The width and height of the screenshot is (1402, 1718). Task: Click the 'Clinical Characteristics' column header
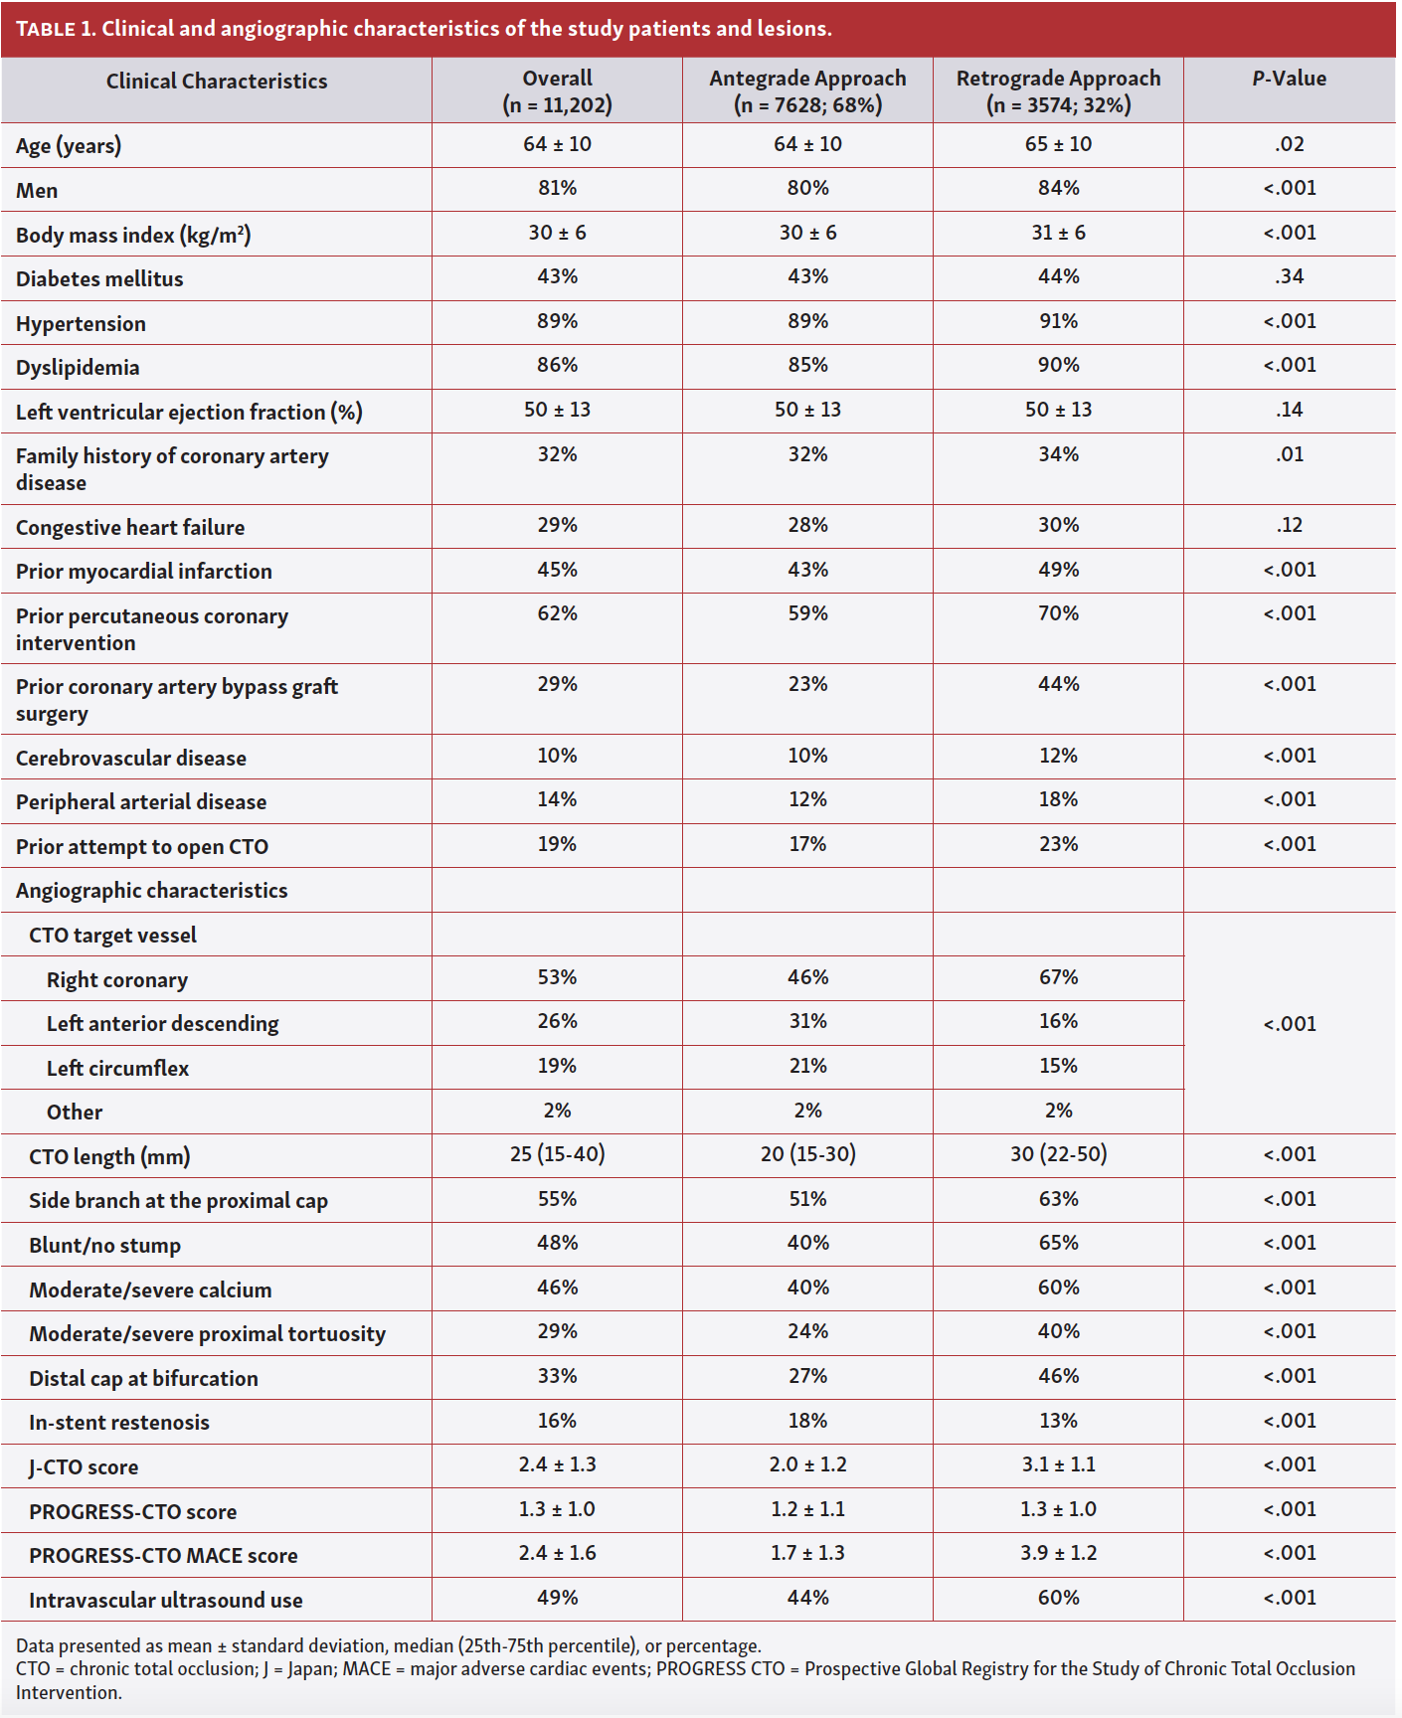[216, 82]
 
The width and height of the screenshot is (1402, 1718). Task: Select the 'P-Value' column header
[1289, 79]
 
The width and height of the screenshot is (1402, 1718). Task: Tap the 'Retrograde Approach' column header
[1058, 79]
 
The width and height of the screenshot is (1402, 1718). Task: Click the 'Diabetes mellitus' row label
[99, 279]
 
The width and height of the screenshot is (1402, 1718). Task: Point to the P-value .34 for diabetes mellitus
[1289, 277]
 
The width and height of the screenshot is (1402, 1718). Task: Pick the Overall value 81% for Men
[557, 189]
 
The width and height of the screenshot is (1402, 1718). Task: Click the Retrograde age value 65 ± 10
[1058, 144]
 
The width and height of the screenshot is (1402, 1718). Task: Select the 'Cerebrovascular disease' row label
[131, 759]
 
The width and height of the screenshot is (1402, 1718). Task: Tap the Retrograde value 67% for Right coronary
[1058, 977]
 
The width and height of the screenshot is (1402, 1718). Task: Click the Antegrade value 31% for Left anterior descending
[807, 1022]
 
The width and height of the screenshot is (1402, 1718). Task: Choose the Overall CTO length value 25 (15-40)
[557, 1154]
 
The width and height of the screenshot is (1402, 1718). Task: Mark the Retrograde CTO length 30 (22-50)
[1058, 1154]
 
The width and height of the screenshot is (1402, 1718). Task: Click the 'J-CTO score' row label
[84, 1467]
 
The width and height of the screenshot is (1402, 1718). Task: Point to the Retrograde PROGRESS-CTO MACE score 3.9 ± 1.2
[1058, 1553]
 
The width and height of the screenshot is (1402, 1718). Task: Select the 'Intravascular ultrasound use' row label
[165, 1601]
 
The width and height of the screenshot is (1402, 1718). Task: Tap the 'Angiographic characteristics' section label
[151, 891]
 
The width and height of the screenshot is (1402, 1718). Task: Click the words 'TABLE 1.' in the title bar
[56, 29]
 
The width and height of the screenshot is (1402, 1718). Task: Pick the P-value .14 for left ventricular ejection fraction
[1289, 410]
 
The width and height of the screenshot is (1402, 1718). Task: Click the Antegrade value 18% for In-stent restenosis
[807, 1421]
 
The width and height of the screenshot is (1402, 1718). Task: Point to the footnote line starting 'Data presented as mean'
[388, 1645]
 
